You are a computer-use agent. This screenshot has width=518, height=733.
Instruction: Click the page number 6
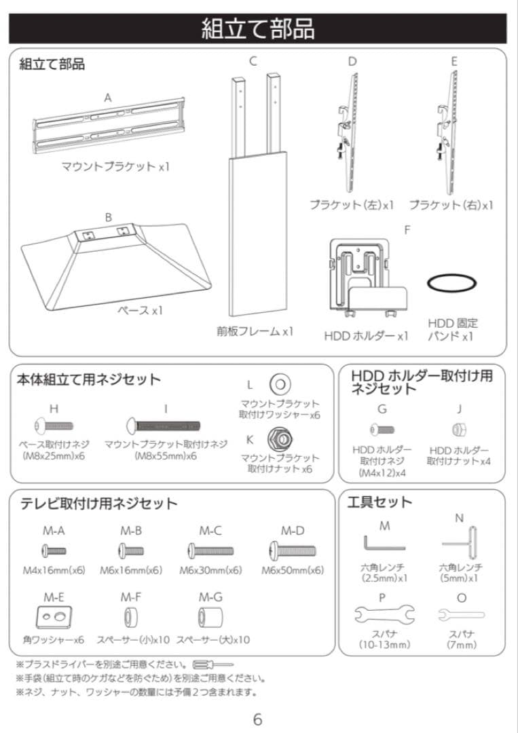[x=257, y=719]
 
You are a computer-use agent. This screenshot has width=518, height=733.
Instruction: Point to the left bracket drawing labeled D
[x=348, y=133]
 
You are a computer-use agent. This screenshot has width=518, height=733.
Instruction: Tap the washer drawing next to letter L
[x=278, y=384]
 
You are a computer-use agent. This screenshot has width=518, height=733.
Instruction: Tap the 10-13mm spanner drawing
[x=384, y=616]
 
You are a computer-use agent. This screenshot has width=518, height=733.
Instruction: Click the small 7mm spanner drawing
[x=461, y=616]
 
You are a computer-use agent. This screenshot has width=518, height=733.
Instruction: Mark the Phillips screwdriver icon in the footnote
[x=212, y=663]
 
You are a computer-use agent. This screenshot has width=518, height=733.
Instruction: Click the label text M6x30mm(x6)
[x=210, y=570]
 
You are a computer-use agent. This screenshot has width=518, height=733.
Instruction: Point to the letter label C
[x=253, y=61]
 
